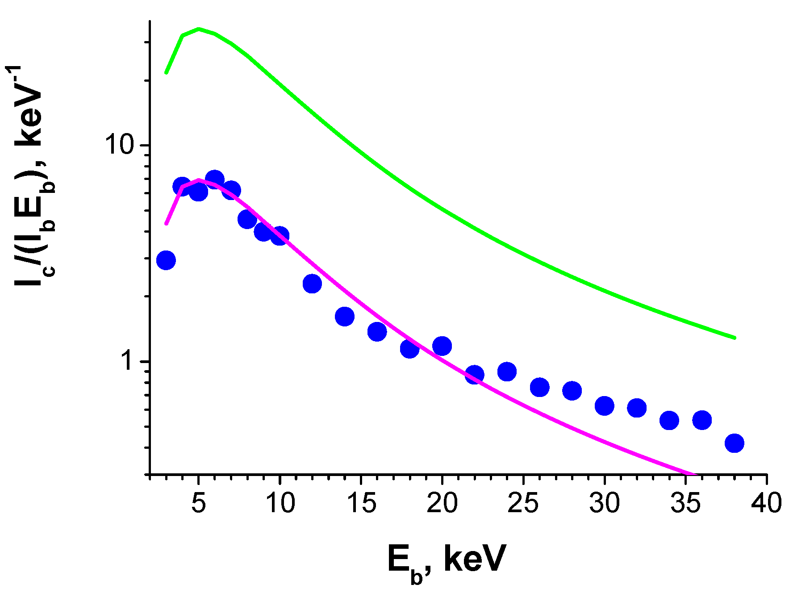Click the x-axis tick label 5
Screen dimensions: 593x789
[198, 503]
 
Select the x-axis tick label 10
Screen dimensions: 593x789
[280, 503]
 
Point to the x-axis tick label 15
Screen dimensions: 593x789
[361, 503]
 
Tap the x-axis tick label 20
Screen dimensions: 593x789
[442, 503]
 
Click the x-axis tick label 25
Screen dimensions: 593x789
[523, 503]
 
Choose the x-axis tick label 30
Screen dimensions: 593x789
[605, 503]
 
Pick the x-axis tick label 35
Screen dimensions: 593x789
[686, 503]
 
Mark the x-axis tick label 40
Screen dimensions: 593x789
[766, 503]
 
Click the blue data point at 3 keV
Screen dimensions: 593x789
[166, 260]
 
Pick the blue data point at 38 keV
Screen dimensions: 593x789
[734, 443]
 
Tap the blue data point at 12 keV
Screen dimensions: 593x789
[312, 284]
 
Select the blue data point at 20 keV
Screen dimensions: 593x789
[442, 346]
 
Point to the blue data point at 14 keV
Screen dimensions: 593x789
[345, 317]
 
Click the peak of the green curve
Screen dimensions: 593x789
[199, 29]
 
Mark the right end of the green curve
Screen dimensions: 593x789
[735, 338]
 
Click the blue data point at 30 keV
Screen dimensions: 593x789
[605, 405]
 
